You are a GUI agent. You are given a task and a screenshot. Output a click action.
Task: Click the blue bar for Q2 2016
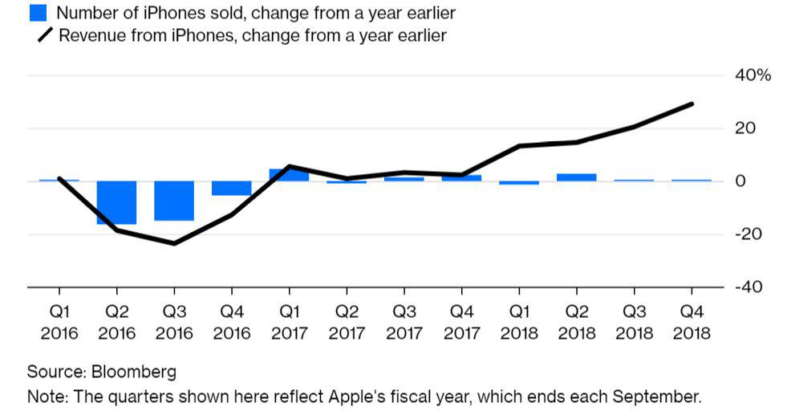click(x=116, y=202)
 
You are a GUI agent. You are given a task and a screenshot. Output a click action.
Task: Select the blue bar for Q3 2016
click(x=174, y=201)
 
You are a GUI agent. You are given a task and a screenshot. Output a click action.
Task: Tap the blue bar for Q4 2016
click(x=232, y=188)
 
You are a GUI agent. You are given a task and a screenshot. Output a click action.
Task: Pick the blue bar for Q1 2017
click(x=289, y=175)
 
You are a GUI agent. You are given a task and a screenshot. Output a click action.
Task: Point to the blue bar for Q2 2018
click(x=576, y=177)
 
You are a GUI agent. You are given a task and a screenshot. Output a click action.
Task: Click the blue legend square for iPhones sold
click(x=37, y=13)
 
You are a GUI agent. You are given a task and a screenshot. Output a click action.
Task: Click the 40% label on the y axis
click(x=753, y=75)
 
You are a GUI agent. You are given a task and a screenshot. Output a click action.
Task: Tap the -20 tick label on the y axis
click(x=749, y=234)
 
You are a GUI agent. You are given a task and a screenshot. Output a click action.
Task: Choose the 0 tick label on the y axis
click(x=740, y=181)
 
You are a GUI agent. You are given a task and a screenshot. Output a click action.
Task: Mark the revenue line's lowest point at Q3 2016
click(x=174, y=243)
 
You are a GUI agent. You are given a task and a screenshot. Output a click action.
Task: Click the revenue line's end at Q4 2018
click(x=692, y=104)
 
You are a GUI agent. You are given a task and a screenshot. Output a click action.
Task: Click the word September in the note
click(x=663, y=397)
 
